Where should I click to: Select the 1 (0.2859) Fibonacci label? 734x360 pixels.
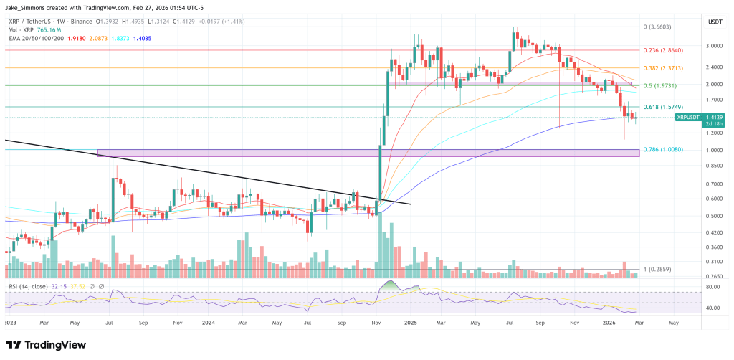click(658, 269)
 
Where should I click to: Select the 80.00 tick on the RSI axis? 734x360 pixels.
click(712, 288)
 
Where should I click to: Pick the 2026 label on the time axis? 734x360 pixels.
click(609, 323)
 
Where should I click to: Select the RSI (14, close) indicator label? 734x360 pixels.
click(27, 286)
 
